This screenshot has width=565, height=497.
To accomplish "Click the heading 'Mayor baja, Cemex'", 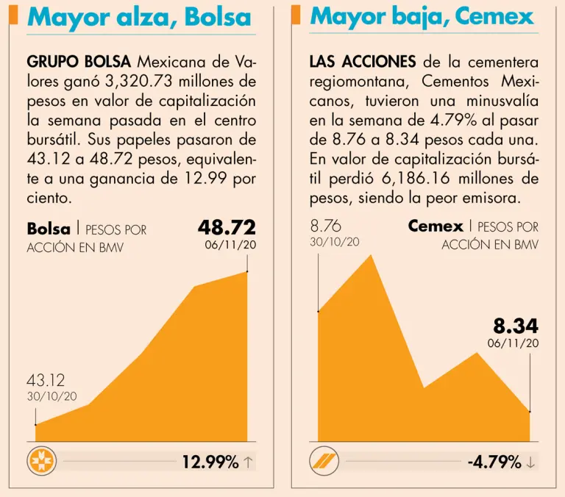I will pos(422,15).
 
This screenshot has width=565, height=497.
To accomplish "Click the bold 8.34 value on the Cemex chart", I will pos(515,326).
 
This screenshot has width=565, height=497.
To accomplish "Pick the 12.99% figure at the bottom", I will pos(210,462).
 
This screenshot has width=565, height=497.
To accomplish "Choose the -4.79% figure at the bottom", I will pos(494,462).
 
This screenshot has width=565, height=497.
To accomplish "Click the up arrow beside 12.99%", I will pos(248,462).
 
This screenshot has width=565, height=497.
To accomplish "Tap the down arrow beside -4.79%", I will pos(531,462).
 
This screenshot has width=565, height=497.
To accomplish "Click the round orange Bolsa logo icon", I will pos(41,462).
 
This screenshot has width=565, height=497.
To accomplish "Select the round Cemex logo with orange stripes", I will pos(324,462).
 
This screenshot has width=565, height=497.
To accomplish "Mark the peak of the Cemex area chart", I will pos(370,254).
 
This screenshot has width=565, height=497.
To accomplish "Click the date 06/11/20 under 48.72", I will pos(230,246).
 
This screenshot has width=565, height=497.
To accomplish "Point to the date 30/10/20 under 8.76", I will pos(335,242).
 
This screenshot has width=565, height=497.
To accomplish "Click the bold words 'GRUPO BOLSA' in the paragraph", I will pos(79,61).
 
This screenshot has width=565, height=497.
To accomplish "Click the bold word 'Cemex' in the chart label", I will pos(436,226).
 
